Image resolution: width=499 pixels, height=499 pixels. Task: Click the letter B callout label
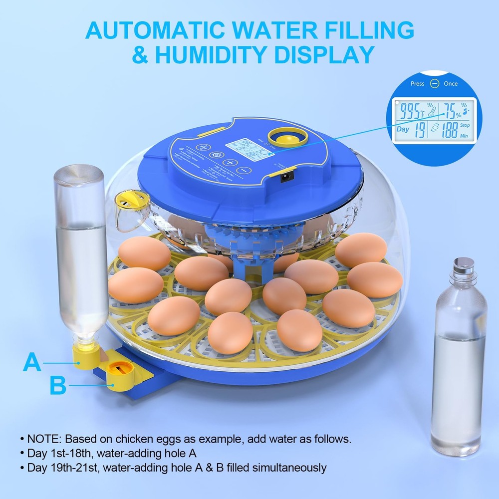58,385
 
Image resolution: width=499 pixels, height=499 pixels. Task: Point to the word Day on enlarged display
403,129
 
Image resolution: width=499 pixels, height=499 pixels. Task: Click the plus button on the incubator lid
231,163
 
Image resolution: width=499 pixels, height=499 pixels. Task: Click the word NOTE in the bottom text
43,439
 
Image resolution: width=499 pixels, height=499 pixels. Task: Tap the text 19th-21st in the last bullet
71,468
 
